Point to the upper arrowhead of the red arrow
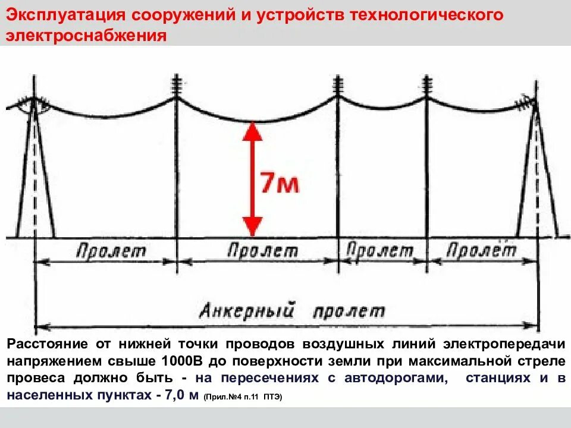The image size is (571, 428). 253,132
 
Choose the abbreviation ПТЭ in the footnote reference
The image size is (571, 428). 271,396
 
